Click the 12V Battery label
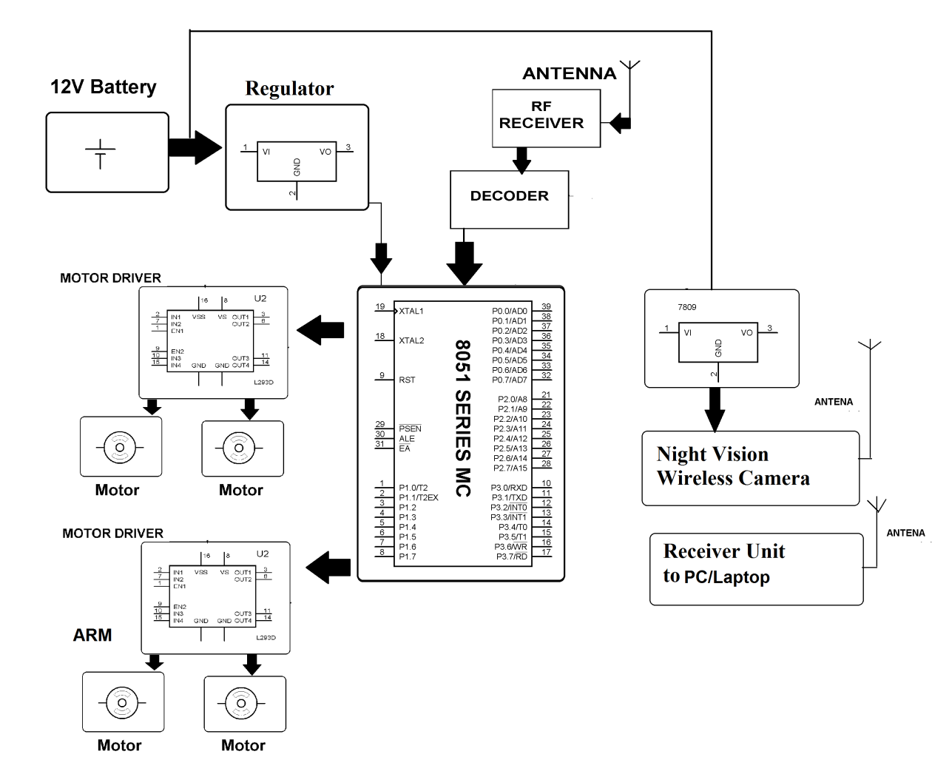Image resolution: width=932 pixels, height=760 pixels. click(104, 87)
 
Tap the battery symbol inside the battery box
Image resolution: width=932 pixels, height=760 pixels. click(100, 153)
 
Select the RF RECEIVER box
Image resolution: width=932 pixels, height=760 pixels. click(546, 118)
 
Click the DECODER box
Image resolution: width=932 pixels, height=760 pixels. click(510, 199)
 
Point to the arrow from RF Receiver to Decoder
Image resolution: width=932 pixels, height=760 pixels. click(522, 159)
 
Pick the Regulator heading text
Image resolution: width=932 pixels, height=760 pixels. click(289, 89)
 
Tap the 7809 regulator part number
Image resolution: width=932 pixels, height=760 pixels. click(686, 307)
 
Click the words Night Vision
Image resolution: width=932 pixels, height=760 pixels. click(712, 454)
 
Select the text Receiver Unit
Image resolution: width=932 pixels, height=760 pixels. click(723, 551)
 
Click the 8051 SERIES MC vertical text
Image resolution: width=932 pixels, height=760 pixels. click(462, 417)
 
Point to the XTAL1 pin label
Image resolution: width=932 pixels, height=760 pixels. click(411, 312)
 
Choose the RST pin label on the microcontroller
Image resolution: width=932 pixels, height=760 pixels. click(407, 380)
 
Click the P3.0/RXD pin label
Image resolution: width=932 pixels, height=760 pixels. click(509, 488)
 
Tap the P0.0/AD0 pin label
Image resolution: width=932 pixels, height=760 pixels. click(510, 312)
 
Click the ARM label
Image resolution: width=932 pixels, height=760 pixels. click(92, 635)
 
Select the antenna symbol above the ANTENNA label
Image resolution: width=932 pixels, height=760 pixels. click(631, 70)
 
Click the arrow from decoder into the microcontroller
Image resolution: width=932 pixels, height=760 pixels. click(464, 263)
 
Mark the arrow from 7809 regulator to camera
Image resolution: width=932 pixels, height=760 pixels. click(715, 409)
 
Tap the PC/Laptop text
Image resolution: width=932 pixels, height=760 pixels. click(726, 577)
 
